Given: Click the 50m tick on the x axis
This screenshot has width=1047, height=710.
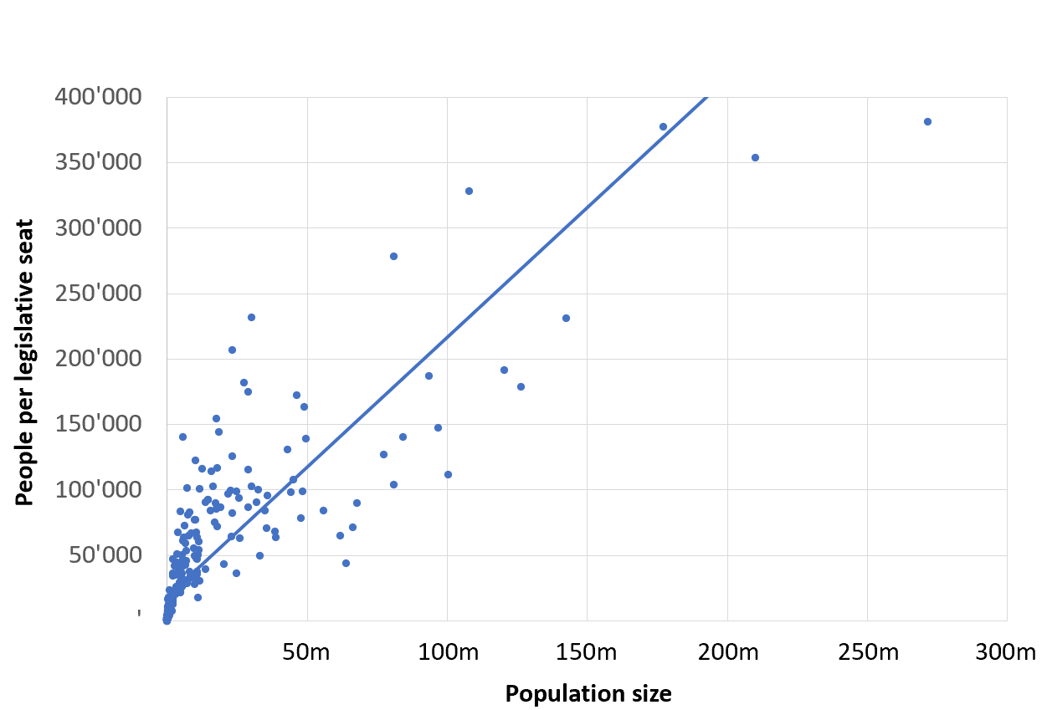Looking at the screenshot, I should (x=307, y=652).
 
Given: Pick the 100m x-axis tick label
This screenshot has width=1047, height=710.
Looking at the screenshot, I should (x=447, y=652).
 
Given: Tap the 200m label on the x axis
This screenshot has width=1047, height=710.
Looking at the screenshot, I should (x=727, y=652).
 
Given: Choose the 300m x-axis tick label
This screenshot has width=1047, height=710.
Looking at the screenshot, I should (x=1006, y=652).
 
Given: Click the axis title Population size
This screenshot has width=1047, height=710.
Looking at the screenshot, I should (x=588, y=694).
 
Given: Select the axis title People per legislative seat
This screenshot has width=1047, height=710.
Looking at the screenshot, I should (x=25, y=362).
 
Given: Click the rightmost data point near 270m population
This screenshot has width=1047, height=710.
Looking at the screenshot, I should (x=927, y=121).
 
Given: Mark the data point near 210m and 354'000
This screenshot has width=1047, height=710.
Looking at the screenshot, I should (x=755, y=157).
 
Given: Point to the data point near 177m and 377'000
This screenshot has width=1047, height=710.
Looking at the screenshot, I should (x=663, y=126).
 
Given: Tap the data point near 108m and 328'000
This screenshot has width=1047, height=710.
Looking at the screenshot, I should (x=469, y=191).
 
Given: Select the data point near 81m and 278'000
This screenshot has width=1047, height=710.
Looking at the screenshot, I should (x=393, y=256).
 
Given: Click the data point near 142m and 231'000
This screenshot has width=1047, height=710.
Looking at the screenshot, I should (x=566, y=318).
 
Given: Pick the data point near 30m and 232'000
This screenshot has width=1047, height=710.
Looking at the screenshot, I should (x=251, y=317).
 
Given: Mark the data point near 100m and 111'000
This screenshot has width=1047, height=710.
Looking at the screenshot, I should (x=448, y=474).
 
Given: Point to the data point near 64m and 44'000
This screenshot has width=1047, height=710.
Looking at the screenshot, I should (x=346, y=563).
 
